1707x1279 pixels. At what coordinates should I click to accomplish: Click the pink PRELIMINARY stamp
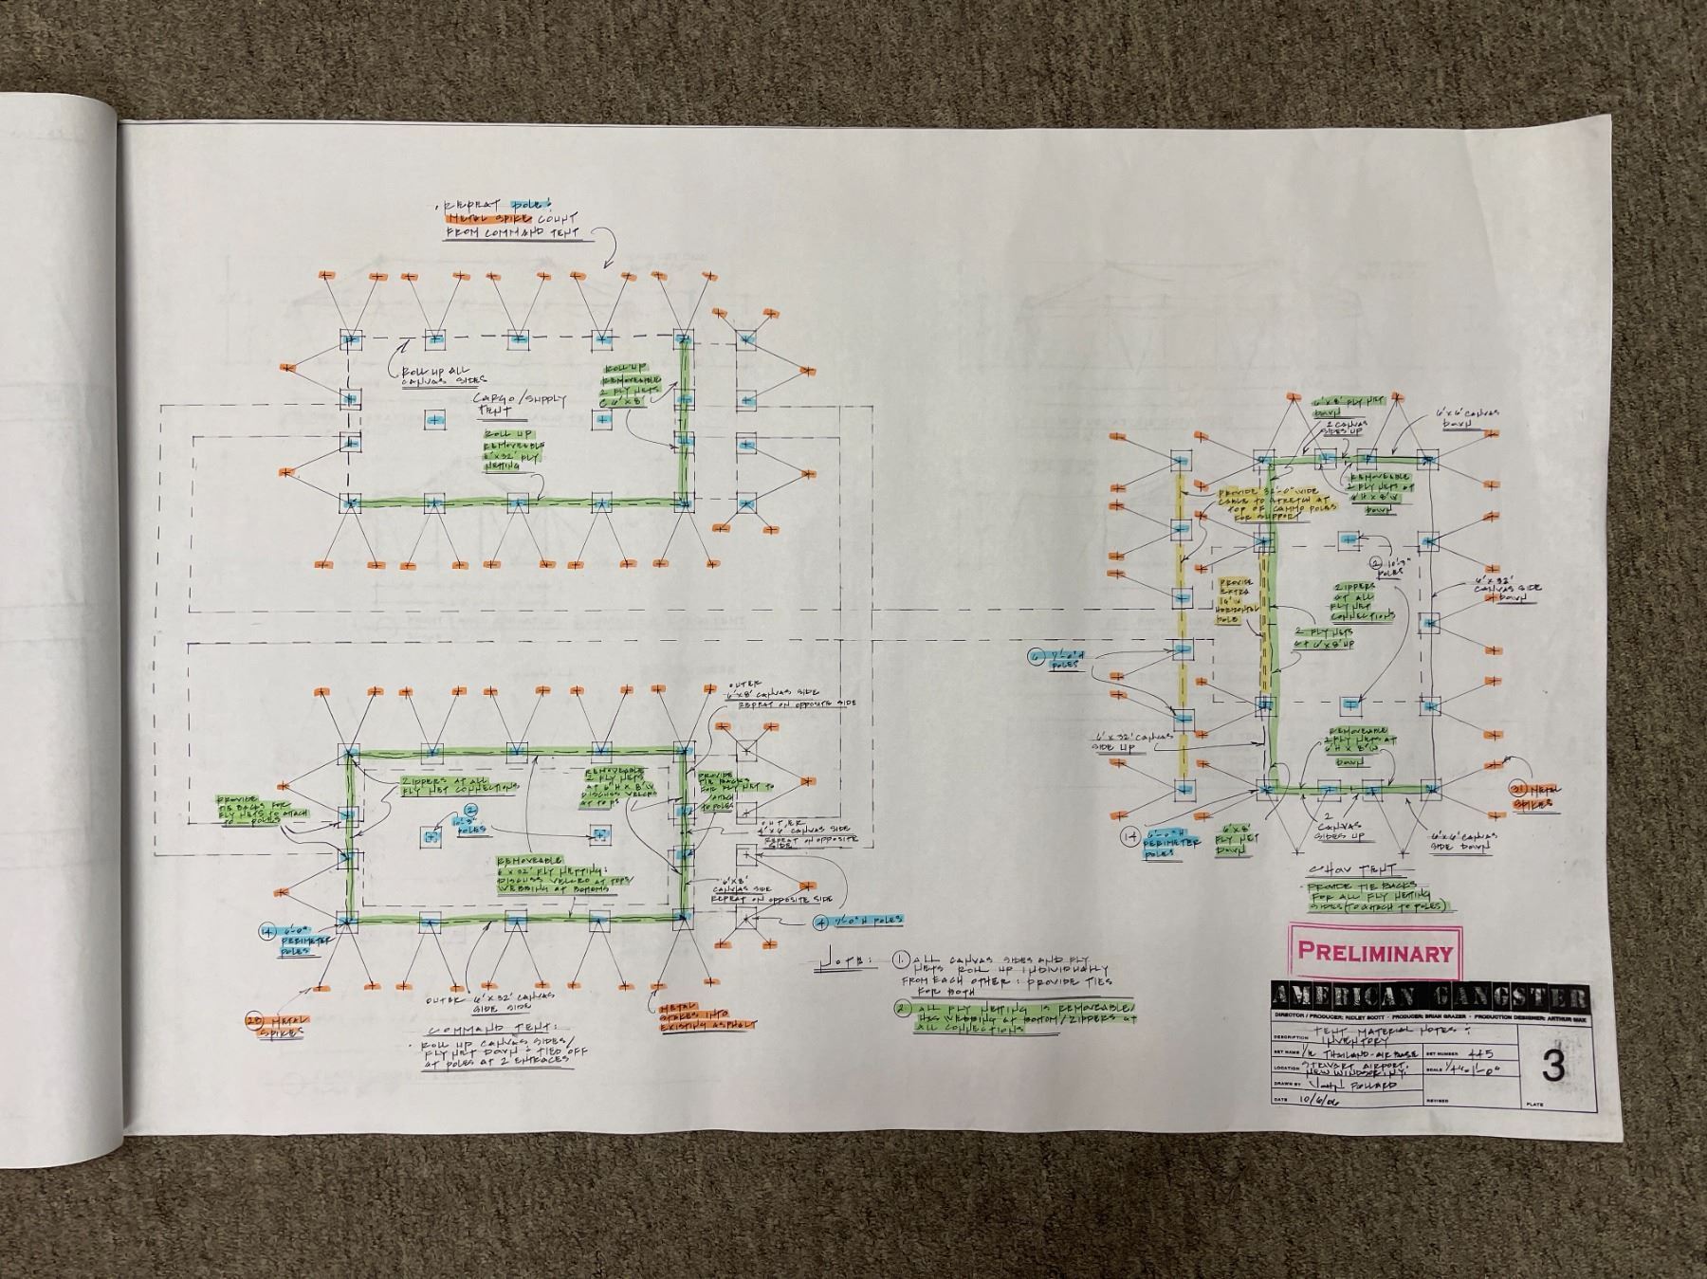pyautogui.click(x=1374, y=951)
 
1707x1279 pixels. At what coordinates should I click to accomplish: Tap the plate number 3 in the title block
pyautogui.click(x=1553, y=1066)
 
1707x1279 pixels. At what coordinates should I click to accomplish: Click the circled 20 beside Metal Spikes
pyautogui.click(x=255, y=1020)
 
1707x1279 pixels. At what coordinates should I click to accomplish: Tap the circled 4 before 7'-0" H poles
pyautogui.click(x=821, y=921)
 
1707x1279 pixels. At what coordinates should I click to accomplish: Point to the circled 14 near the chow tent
pyautogui.click(x=1129, y=836)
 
